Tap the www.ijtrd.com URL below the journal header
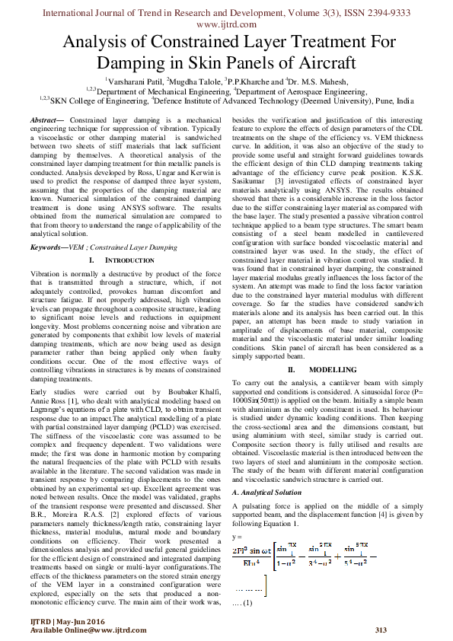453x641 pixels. (x=226, y=24)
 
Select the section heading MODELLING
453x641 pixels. (x=326, y=368)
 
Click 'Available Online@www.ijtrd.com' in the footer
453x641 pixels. (x=88, y=630)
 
